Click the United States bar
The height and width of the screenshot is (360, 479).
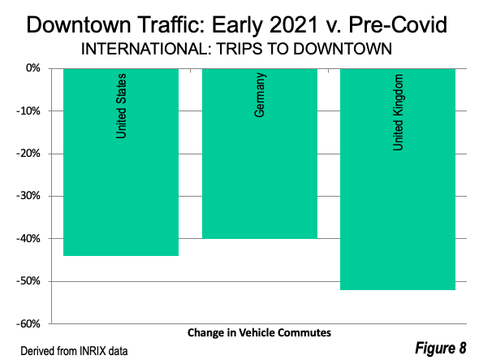pyautogui.click(x=121, y=162)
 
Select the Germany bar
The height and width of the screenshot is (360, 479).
pyautogui.click(x=260, y=154)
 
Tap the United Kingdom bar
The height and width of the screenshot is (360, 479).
pyautogui.click(x=398, y=180)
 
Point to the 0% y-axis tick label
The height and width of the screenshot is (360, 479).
pyautogui.click(x=33, y=68)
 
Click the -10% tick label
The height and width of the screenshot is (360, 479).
pyautogui.click(x=28, y=111)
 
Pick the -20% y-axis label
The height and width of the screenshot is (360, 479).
pyautogui.click(x=28, y=154)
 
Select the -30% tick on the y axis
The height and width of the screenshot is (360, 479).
pyautogui.click(x=28, y=196)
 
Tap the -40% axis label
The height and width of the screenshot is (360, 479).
pyautogui.click(x=28, y=239)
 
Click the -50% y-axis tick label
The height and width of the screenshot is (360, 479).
pyautogui.click(x=28, y=281)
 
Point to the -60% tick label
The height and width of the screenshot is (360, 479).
pyautogui.click(x=28, y=323)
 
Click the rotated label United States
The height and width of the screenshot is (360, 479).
pyautogui.click(x=121, y=106)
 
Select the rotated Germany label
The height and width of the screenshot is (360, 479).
pyautogui.click(x=260, y=95)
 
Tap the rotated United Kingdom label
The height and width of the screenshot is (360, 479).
pyautogui.click(x=398, y=112)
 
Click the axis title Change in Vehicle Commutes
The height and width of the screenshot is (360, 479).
pyautogui.click(x=259, y=333)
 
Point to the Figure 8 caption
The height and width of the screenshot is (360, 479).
pyautogui.click(x=441, y=348)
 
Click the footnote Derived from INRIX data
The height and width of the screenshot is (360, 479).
pyautogui.click(x=74, y=351)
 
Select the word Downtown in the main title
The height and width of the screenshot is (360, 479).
pyautogui.click(x=79, y=24)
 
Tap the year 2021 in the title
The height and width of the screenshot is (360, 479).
pyautogui.click(x=294, y=24)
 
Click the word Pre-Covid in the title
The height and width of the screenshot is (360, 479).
pyautogui.click(x=398, y=24)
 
